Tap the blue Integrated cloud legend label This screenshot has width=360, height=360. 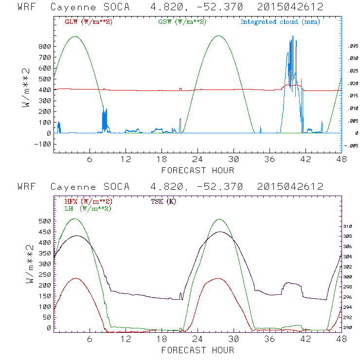[280, 22]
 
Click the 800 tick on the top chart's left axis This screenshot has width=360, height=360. [45, 47]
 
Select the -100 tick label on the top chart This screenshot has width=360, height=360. [43, 144]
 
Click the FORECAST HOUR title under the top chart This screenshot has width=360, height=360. [198, 170]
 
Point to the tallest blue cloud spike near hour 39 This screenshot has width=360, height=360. [293, 38]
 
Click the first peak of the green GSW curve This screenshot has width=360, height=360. [75, 36]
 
